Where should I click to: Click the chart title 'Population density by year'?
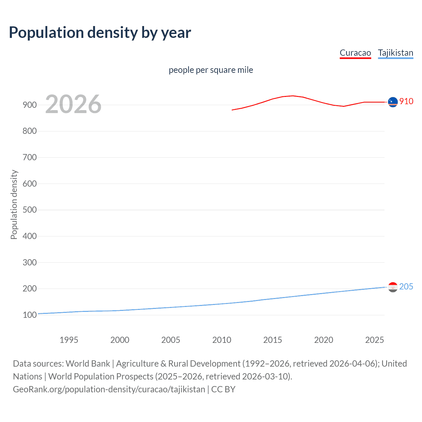pos(100,32)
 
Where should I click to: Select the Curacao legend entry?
pos(355,53)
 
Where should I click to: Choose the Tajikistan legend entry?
pos(395,53)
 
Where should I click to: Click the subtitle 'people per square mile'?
pos(211,70)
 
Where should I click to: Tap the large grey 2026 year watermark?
pos(73,104)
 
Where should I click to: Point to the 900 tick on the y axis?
pos(29,105)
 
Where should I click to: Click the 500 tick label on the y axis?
pos(29,210)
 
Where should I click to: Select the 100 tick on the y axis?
pos(29,315)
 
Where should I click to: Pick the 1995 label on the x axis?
pos(69,340)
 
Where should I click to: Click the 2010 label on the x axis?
pos(222,340)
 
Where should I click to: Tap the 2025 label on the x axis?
pos(375,340)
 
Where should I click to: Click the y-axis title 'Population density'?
pos(14,204)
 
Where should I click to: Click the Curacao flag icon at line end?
pos(393,102)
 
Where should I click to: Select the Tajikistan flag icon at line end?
pos(393,287)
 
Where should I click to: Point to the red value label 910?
pos(406,101)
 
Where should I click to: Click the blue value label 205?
pos(406,286)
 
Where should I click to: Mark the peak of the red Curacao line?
pos(293,96)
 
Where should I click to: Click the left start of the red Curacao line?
pos(232,110)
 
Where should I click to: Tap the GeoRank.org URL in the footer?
pos(109,389)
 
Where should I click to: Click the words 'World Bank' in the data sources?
pos(88,363)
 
